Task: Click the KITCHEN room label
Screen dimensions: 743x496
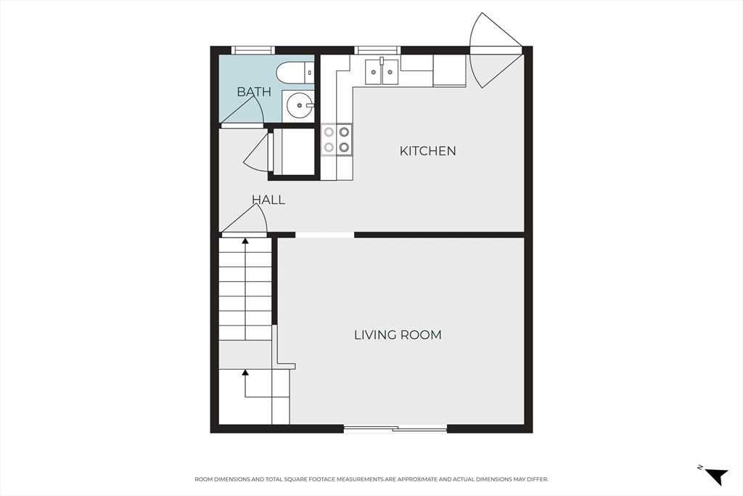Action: point(428,151)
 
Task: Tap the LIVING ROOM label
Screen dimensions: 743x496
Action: point(398,335)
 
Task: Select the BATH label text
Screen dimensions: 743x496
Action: point(254,92)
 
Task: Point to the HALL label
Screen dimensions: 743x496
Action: point(268,200)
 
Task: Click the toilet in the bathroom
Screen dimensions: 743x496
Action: point(295,73)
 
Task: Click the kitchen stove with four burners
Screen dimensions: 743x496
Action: point(337,139)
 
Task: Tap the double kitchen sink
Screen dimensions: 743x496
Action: point(382,71)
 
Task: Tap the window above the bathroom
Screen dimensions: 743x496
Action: point(253,50)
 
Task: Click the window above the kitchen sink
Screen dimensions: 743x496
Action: point(377,50)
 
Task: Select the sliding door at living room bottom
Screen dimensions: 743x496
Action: point(395,429)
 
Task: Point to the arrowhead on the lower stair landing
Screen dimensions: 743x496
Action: point(245,373)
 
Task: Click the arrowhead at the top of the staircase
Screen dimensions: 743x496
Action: point(245,241)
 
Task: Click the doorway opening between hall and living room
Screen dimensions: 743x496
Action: point(324,235)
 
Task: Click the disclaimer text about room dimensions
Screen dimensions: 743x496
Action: point(371,479)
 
